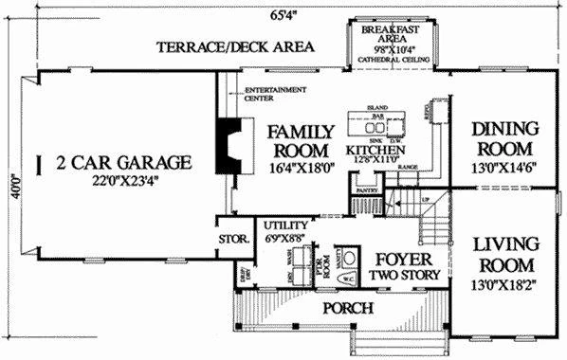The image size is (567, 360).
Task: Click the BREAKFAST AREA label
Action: tap(392, 35)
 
